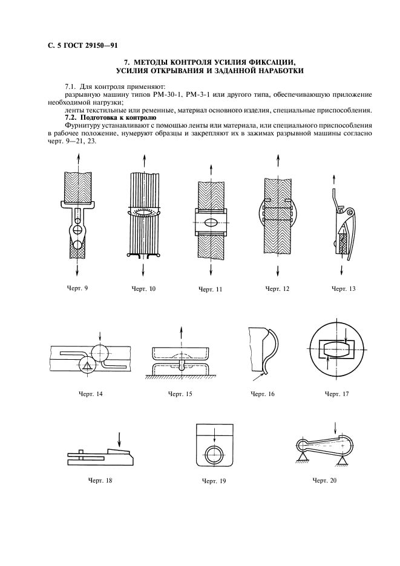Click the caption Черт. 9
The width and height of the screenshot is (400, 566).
77,287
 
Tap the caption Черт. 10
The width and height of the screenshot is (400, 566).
143,288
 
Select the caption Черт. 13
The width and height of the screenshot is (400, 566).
343,288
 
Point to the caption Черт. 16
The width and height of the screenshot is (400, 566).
263,394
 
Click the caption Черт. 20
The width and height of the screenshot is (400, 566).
324,480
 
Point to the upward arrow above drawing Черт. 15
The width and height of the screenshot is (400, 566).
182,334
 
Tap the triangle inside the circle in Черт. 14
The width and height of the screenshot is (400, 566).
88,365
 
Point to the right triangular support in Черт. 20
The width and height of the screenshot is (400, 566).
343,461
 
